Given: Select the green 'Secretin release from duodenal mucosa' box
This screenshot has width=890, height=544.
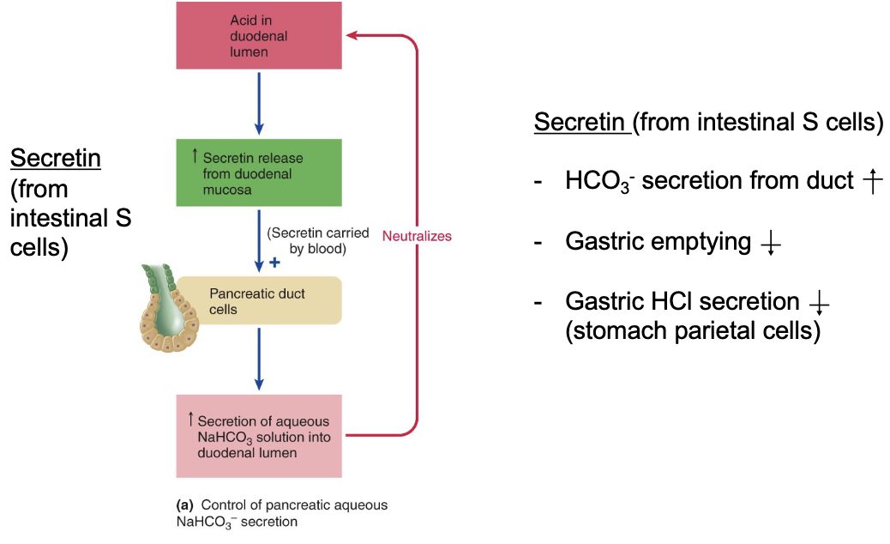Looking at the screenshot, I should pyautogui.click(x=259, y=172).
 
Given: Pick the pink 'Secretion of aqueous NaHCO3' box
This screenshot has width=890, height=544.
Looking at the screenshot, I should pyautogui.click(x=259, y=436).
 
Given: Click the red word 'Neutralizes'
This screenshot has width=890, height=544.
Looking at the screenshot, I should pyautogui.click(x=417, y=236).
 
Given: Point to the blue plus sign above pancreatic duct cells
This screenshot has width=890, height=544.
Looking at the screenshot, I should pyautogui.click(x=274, y=261).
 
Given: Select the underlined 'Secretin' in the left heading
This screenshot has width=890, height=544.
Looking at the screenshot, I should pyautogui.click(x=56, y=159).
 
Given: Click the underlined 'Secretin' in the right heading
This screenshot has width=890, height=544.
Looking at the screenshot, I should pyautogui.click(x=580, y=123).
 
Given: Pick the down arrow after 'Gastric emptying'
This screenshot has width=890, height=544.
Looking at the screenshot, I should pyautogui.click(x=770, y=243).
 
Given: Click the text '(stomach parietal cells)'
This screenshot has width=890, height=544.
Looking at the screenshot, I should pyautogui.click(x=693, y=331).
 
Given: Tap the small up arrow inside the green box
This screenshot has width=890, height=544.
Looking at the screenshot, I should pyautogui.click(x=195, y=156).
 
